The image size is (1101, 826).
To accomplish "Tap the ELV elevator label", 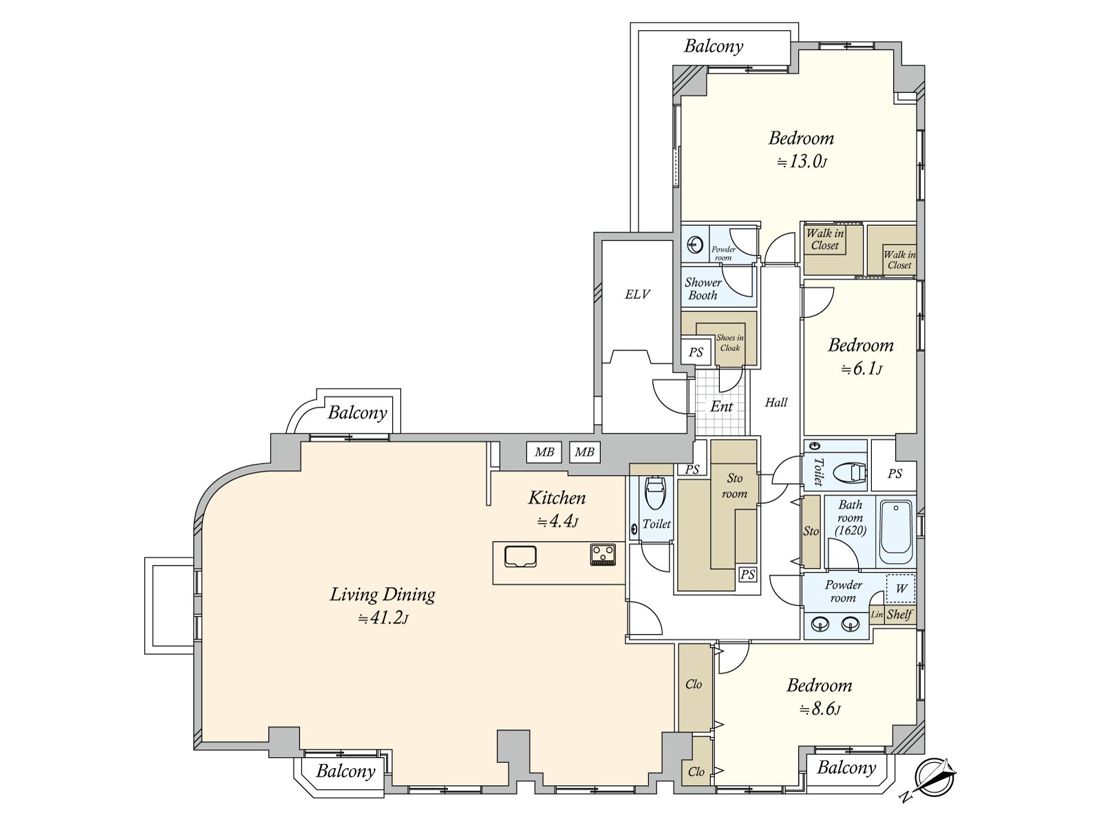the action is [637, 295].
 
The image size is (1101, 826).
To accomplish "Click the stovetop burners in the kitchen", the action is [602, 555].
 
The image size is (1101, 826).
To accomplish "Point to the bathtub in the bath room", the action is [896, 532].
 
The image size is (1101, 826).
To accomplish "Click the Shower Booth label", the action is [703, 289].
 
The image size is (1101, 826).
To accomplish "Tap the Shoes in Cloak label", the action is [730, 343].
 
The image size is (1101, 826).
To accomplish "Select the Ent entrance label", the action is [721, 406].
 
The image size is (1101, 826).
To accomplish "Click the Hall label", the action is [776, 402].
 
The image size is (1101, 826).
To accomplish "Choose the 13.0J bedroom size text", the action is [801, 162].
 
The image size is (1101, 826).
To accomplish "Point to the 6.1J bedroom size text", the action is [861, 369].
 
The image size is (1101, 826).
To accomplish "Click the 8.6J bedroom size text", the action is [820, 709].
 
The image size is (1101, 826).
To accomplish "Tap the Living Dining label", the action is [382, 595].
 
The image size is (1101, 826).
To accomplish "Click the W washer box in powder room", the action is [901, 588].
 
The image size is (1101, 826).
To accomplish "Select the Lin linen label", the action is [877, 615].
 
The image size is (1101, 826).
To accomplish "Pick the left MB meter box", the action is [544, 452].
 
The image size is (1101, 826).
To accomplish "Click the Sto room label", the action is [734, 486].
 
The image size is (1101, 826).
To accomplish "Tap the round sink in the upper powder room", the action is [695, 245].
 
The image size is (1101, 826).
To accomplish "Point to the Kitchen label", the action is [557, 498].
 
